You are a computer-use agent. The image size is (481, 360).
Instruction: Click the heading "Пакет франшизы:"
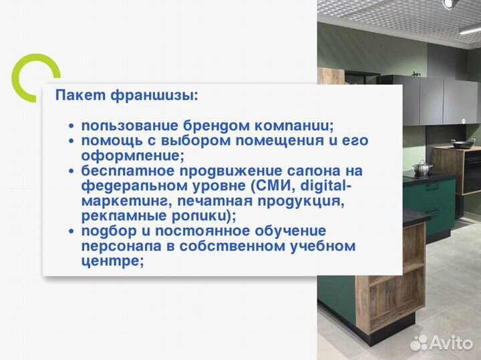pyautogui.click(x=126, y=95)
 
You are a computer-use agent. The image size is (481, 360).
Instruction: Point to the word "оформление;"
pyautogui.click(x=132, y=156)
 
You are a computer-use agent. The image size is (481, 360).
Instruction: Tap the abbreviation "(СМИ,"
pyautogui.click(x=270, y=186)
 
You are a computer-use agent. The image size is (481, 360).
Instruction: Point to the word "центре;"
pyautogui.click(x=113, y=262)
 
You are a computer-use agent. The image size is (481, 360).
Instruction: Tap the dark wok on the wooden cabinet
pyautogui.click(x=462, y=142)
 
